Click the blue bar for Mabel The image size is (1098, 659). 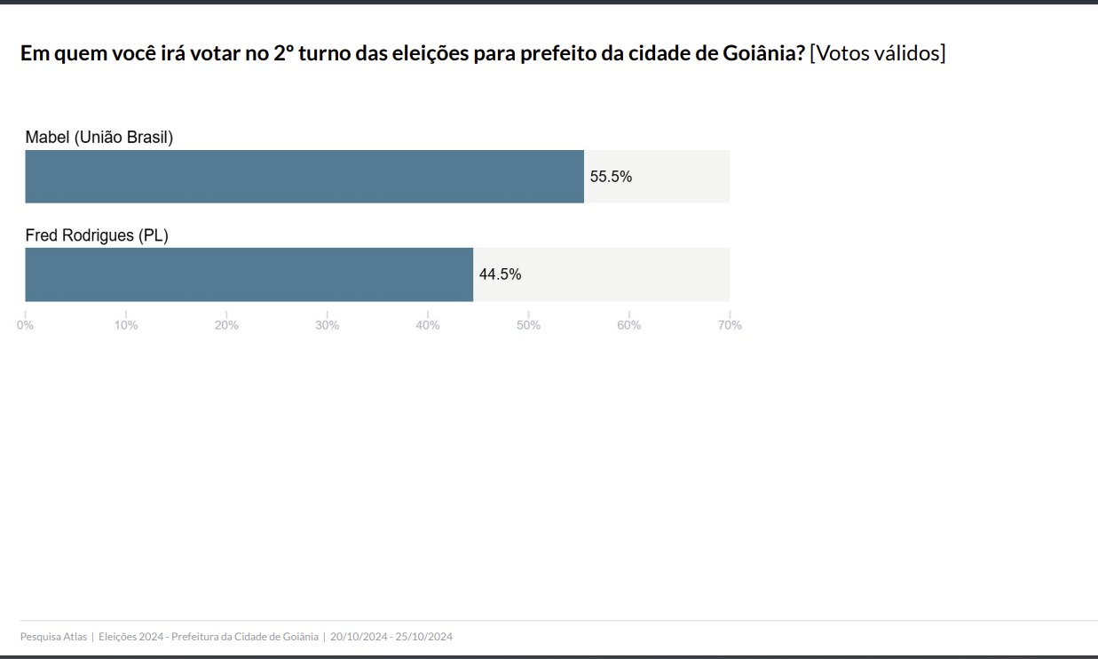[x=304, y=177]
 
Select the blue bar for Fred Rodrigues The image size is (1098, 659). [x=249, y=274]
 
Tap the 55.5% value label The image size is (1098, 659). [x=611, y=177]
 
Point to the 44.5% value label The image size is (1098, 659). [x=500, y=274]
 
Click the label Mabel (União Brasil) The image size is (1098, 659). [x=99, y=138]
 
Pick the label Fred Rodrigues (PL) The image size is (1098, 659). [x=96, y=235]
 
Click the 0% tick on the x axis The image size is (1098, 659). [x=26, y=325]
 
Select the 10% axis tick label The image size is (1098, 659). [x=126, y=325]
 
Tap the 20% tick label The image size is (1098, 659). [x=226, y=325]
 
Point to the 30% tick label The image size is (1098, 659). [x=328, y=325]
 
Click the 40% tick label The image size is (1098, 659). [x=428, y=325]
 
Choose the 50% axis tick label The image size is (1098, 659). [x=528, y=325]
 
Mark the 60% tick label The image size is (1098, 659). [x=629, y=325]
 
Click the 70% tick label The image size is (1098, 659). [x=730, y=325]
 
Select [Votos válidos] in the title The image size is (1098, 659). [x=878, y=53]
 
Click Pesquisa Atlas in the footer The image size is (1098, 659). [x=53, y=637]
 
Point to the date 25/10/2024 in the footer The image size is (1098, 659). [x=424, y=637]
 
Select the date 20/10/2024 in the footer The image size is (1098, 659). [x=359, y=637]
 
